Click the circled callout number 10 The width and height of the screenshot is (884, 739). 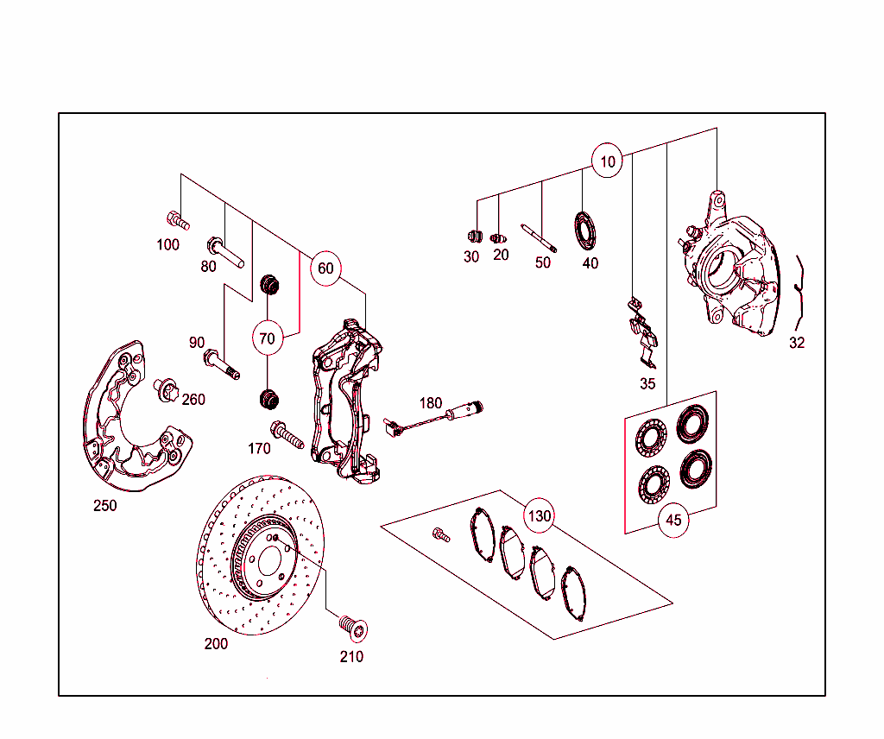pyautogui.click(x=608, y=161)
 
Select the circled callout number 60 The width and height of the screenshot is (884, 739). pyautogui.click(x=325, y=268)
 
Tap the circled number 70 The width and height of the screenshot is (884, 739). pyautogui.click(x=268, y=338)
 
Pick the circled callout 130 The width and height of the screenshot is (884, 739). pyautogui.click(x=540, y=516)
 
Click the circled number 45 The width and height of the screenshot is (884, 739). pyautogui.click(x=674, y=520)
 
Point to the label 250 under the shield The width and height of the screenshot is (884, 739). pyautogui.click(x=105, y=506)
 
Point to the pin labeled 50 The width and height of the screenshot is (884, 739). pyautogui.click(x=539, y=237)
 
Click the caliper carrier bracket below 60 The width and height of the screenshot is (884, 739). pyautogui.click(x=345, y=397)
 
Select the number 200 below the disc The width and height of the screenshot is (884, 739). pyautogui.click(x=216, y=644)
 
